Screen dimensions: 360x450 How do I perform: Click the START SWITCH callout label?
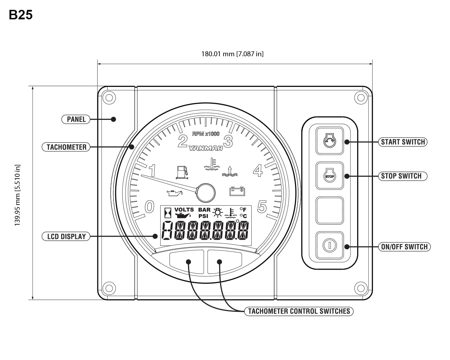[403, 142]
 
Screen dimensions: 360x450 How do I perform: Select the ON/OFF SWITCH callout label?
[404, 247]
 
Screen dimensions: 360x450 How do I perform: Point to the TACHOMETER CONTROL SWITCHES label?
[299, 311]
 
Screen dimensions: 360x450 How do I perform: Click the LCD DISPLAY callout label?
[66, 236]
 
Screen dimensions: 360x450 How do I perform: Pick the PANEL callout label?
[76, 119]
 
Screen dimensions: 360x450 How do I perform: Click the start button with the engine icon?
[329, 141]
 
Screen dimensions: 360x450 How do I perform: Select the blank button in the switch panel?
[329, 211]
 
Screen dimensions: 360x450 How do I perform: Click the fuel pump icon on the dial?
[182, 172]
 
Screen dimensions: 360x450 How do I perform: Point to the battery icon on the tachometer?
[237, 191]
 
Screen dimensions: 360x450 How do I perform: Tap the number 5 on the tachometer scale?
[262, 207]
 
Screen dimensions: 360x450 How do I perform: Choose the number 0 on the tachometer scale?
[149, 207]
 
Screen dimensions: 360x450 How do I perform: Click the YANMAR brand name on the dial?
[206, 148]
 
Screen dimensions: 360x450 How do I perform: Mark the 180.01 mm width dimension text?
[232, 54]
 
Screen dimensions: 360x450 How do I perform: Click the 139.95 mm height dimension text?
[18, 195]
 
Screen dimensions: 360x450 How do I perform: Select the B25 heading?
[21, 15]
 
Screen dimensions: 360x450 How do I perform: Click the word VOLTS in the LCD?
[184, 210]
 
